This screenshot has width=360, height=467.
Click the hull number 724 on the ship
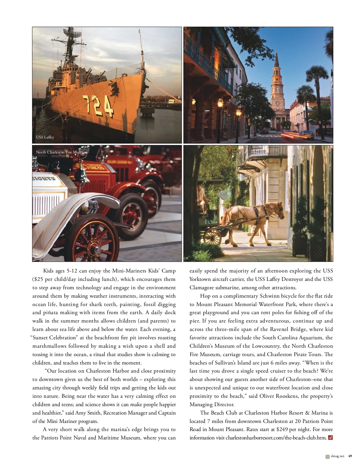[98, 106]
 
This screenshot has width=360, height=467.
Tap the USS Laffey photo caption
[45, 137]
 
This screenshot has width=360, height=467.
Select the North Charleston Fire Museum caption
[61, 152]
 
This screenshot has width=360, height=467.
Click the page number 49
[350, 456]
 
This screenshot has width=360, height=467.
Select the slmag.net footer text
[337, 456]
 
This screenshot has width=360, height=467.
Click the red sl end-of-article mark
[330, 438]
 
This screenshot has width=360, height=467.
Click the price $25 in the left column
[37, 279]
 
